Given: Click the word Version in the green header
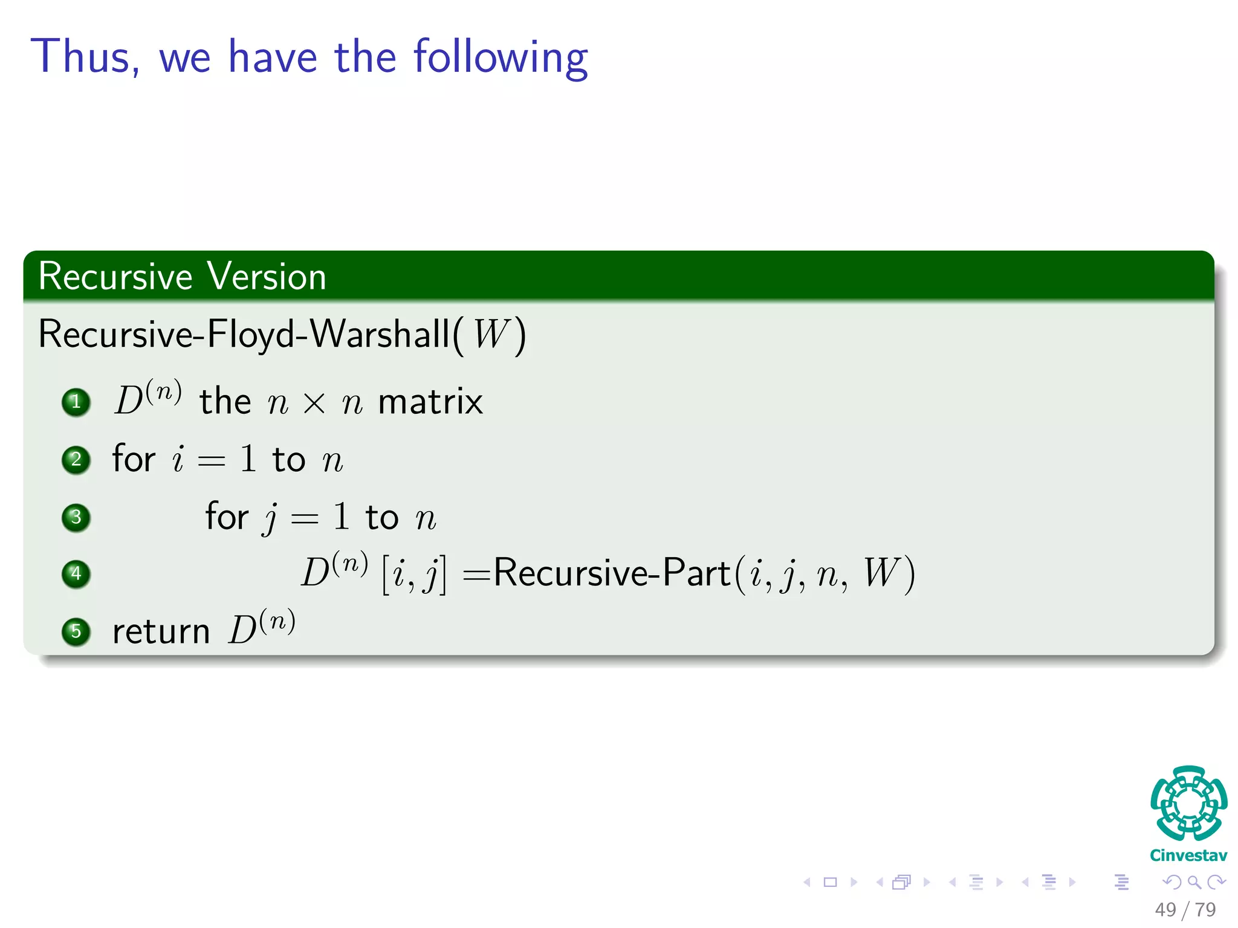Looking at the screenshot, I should (x=267, y=277).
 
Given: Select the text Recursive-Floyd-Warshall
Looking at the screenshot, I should (x=244, y=334).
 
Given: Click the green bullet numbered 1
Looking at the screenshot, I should (x=76, y=402).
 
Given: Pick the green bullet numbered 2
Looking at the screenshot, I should (x=76, y=460).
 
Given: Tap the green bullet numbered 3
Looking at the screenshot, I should (x=76, y=517).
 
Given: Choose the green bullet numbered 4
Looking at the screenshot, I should (x=76, y=573).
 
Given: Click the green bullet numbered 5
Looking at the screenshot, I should (x=76, y=631).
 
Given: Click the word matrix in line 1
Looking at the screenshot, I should (x=430, y=402).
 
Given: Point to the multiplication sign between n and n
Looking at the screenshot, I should (x=314, y=404).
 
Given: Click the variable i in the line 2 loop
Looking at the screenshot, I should (x=178, y=459).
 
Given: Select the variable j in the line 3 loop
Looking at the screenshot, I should (x=271, y=518).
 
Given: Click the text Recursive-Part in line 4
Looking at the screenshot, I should (x=611, y=573).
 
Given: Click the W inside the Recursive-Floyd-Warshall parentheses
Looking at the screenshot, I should (x=491, y=334).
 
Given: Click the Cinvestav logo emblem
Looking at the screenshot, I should (x=1188, y=804).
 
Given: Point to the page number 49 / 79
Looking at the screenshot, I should (x=1185, y=909).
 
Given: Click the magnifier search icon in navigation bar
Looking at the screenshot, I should (x=1194, y=883).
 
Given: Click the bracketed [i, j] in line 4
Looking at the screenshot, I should (x=414, y=574).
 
